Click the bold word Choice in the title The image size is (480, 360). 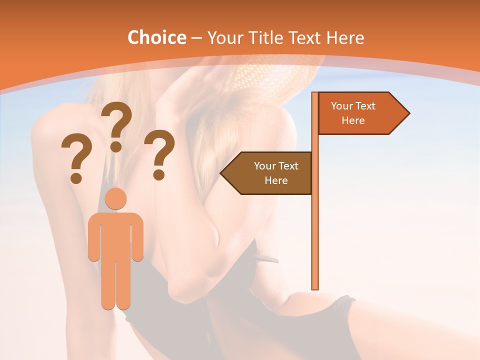click(x=156, y=38)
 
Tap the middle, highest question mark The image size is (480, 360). click(x=117, y=125)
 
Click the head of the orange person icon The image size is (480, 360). click(x=115, y=199)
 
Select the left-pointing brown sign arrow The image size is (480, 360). click(x=267, y=173)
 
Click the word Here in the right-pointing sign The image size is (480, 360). click(x=353, y=120)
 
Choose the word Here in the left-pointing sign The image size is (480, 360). click(x=276, y=180)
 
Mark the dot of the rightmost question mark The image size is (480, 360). click(x=159, y=175)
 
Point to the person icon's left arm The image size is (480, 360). click(x=94, y=240)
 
